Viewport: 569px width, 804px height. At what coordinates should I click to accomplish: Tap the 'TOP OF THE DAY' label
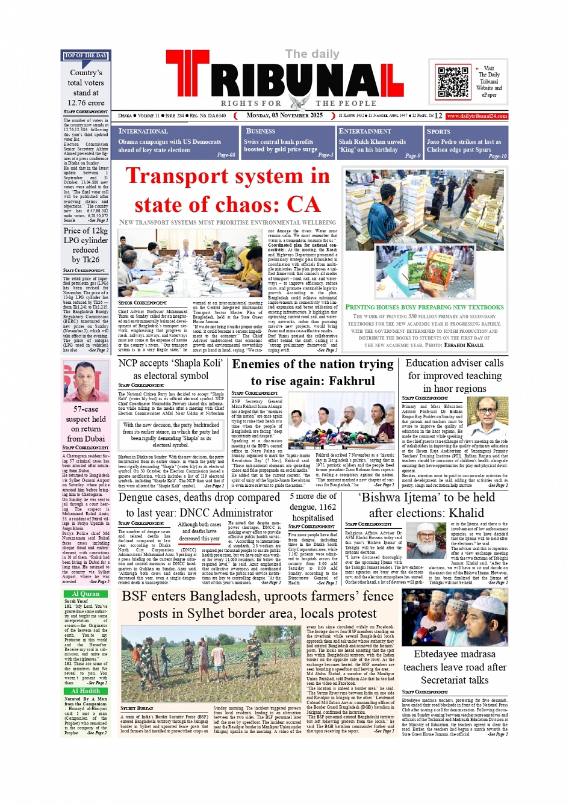pos(86,55)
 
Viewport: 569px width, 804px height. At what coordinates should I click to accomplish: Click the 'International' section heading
pos(143,131)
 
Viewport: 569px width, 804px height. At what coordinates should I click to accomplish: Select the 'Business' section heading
pos(260,131)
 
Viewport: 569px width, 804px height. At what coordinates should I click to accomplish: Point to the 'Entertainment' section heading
pos(365,131)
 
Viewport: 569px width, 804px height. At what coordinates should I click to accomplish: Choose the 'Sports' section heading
pos(438,131)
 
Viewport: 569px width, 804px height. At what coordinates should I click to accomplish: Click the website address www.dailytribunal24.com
pos(477,116)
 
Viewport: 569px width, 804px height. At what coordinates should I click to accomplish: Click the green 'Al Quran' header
pos(86,593)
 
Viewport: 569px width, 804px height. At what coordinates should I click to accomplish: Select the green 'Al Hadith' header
pos(86,691)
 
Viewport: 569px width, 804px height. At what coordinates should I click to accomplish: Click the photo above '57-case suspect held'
pos(86,382)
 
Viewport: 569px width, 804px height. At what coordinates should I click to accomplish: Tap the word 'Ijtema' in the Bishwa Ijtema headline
pos(433,498)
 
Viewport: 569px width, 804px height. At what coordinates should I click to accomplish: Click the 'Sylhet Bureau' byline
pos(137,708)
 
